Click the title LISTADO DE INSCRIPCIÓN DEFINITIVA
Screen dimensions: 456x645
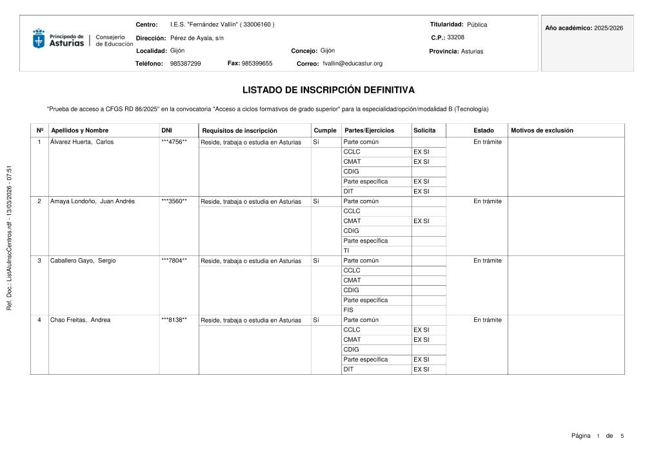[x=328, y=90]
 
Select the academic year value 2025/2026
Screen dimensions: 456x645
[x=609, y=28]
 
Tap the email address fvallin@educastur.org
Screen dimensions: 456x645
[x=352, y=64]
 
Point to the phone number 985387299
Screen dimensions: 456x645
[x=185, y=64]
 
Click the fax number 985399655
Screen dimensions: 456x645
[x=257, y=63]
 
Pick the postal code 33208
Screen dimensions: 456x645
[x=455, y=37]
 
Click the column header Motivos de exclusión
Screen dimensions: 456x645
[x=542, y=130]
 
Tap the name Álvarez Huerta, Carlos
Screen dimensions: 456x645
[x=82, y=142]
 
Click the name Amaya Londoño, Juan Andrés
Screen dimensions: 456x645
[x=92, y=201]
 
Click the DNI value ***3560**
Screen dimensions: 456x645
[x=174, y=201]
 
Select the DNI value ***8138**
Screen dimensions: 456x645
[x=174, y=320]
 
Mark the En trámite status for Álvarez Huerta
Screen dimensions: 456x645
[x=487, y=142]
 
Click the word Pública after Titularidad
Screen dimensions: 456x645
[x=477, y=25]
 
